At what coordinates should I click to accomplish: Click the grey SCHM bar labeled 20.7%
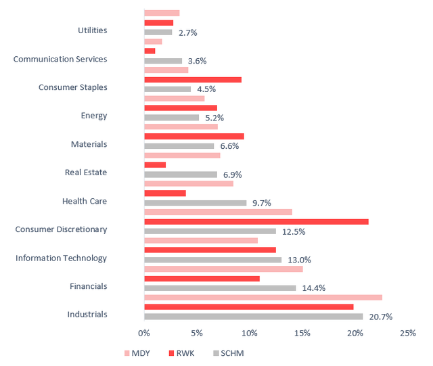coord(253,317)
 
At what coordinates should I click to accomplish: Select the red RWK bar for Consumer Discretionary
coord(256,221)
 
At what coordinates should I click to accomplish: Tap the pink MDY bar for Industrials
coord(263,297)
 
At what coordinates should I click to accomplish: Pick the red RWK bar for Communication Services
coord(150,51)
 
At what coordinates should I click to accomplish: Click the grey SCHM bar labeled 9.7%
coord(195,203)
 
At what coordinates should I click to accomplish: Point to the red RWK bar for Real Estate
coord(155,164)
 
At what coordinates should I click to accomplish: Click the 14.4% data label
coord(314,288)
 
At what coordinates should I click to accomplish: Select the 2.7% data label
coord(187,32)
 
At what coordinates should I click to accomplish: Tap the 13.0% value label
coord(300,260)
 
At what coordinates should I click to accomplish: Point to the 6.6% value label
coord(230,146)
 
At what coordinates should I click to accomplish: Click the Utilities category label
coord(92,30)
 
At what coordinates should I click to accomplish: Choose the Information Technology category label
coord(61,258)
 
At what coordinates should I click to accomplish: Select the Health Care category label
coord(85,201)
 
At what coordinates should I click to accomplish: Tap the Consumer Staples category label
coord(72,87)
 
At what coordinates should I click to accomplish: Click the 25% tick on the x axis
coord(407,334)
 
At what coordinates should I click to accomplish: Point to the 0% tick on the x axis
coord(144,334)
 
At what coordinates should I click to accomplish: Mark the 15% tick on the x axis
coord(302,334)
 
